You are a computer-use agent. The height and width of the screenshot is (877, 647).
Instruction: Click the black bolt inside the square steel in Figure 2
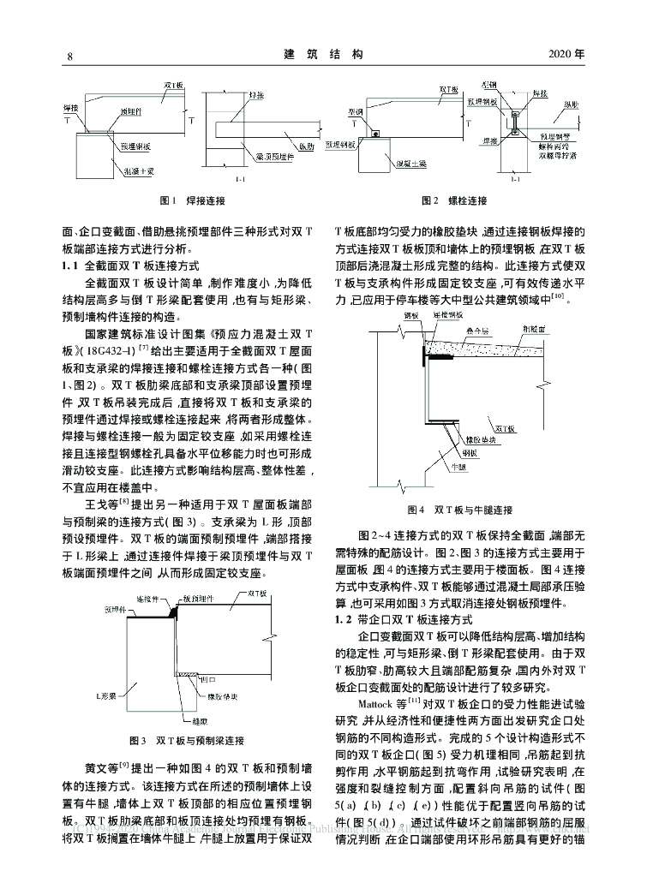tap(375, 133)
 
